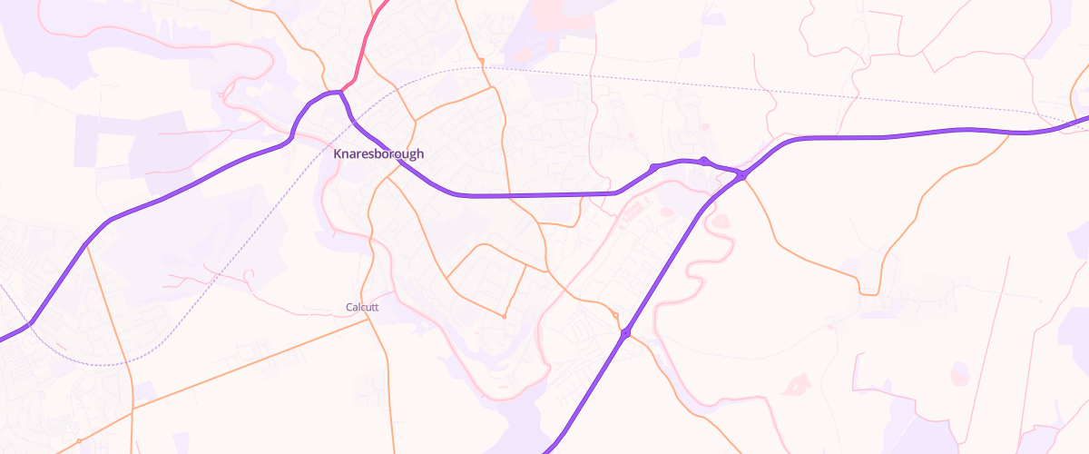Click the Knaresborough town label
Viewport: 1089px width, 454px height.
[x=378, y=154]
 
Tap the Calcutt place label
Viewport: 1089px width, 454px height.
[x=362, y=307]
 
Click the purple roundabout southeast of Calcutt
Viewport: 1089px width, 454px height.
[x=625, y=334]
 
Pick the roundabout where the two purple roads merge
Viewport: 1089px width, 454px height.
[x=742, y=174]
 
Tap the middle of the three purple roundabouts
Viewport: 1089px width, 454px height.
[x=703, y=161]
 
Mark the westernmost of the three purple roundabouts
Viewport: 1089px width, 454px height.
[x=653, y=167]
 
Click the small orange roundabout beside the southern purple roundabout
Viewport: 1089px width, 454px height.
[x=615, y=315]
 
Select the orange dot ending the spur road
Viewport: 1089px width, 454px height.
[x=504, y=317]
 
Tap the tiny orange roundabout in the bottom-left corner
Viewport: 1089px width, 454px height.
[x=79, y=441]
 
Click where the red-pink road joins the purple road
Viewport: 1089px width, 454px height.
[x=341, y=91]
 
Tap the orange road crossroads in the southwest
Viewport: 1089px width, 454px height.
[x=132, y=410]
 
